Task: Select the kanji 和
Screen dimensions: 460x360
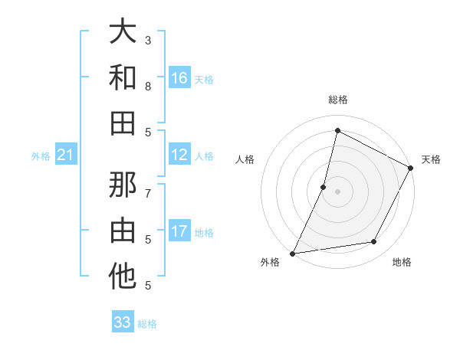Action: pos(123,77)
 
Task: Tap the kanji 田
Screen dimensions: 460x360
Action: pos(123,123)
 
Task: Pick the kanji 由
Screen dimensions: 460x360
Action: pos(123,231)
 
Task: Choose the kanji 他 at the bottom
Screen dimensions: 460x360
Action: pos(123,277)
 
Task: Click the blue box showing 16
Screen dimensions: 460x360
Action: pos(179,78)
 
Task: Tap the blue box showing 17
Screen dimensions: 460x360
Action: pos(179,232)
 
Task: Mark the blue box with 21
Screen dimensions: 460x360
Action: pos(65,155)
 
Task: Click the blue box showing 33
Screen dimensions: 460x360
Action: pos(123,322)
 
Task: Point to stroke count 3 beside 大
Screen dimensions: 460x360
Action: pos(148,40)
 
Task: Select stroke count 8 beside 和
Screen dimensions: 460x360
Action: pos(148,86)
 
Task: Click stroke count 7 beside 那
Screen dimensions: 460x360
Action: pos(148,193)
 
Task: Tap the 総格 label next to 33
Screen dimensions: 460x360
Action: pos(147,324)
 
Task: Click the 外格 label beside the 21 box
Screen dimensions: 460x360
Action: pos(41,156)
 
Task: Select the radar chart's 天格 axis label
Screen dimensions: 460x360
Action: pos(431,159)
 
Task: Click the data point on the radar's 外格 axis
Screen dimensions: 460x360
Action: pos(293,253)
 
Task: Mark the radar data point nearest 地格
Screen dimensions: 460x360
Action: pos(374,242)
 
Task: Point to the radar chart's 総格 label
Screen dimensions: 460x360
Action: pos(338,100)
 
